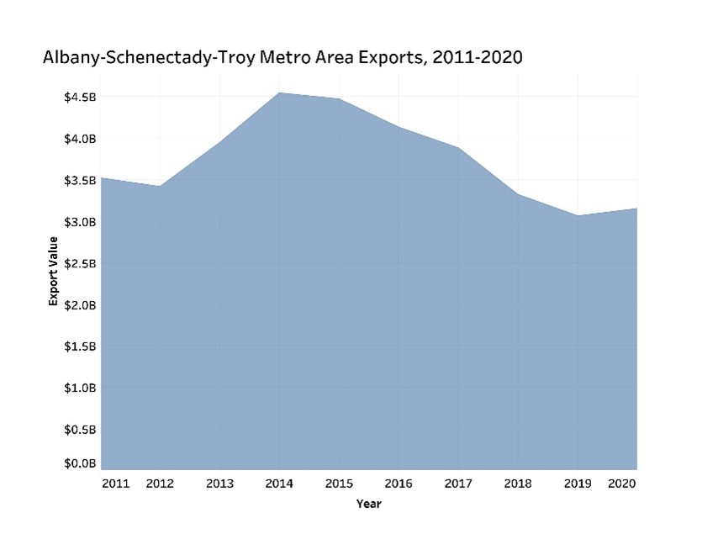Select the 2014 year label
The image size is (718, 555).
point(279,484)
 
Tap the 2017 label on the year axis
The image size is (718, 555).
point(458,484)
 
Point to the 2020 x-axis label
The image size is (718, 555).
point(622,484)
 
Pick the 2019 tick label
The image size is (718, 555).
point(578,484)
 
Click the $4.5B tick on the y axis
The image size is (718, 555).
point(80,98)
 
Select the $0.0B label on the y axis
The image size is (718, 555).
point(80,463)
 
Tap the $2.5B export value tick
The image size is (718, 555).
point(80,263)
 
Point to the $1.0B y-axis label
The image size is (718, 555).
point(80,388)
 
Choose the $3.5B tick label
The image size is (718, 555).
point(80,180)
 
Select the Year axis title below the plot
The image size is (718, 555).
point(368,504)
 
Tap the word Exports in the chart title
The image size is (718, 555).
point(383,58)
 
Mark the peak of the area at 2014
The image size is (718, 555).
point(279,92)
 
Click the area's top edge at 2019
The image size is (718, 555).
point(578,215)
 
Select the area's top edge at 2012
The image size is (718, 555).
point(160,186)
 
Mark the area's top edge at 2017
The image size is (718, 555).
point(458,148)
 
